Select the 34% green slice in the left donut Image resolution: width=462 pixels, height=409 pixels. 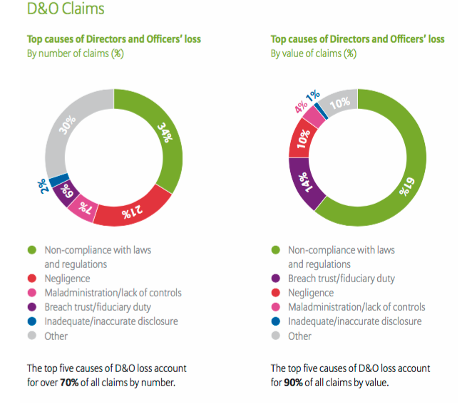[165, 135]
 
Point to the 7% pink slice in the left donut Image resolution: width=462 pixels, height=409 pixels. [83, 207]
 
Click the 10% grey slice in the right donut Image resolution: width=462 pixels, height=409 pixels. [341, 101]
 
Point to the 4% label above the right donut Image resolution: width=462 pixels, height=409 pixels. [301, 107]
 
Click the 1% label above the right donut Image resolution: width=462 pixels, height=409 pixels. [311, 97]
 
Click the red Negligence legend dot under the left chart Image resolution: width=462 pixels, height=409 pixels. [31, 279]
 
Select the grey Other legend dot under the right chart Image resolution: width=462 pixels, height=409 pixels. [275, 336]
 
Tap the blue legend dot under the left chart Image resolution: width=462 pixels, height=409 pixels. [31, 321]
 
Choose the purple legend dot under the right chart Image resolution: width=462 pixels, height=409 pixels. [275, 279]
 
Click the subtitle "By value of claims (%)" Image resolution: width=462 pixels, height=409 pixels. [312, 53]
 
